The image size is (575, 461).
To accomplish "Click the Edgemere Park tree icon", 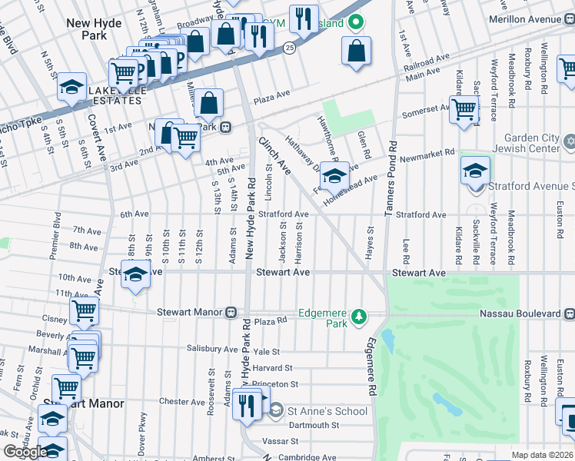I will pos(357,317).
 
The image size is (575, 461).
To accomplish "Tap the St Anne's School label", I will pos(327,411).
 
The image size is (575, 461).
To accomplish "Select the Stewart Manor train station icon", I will pos(230,313).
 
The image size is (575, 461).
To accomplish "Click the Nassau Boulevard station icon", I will pos(569,313).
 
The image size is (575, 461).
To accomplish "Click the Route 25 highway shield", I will pos(289,48).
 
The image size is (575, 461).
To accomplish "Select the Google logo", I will pos(25,452).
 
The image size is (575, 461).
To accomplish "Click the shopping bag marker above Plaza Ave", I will pos(208,102).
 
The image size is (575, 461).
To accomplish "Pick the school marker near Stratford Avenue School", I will pos(476,170).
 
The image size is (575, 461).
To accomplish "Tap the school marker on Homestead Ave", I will pos(334,176).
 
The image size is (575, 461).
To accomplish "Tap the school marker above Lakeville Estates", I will pos(71,87).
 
